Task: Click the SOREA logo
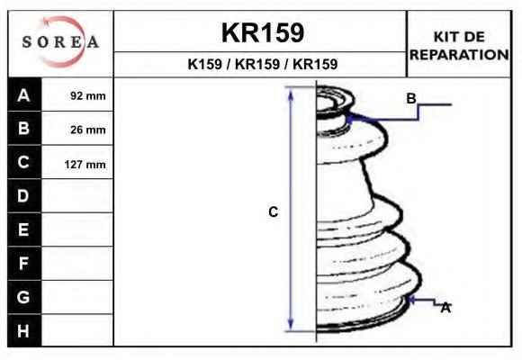click(60, 42)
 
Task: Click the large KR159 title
click(263, 32)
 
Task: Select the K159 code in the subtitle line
click(204, 64)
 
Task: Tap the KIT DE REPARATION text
click(459, 46)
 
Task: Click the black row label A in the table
click(24, 94)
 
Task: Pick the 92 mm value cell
click(77, 95)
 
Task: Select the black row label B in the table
click(24, 128)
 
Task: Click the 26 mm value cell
click(77, 130)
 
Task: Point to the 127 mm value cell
click(77, 164)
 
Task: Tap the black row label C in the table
click(24, 162)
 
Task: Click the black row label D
click(24, 196)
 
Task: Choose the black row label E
click(24, 229)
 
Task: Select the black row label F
click(24, 264)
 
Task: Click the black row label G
click(24, 297)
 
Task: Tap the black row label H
click(24, 330)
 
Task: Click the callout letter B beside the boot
click(411, 99)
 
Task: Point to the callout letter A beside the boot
click(445, 308)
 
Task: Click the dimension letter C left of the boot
click(274, 212)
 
